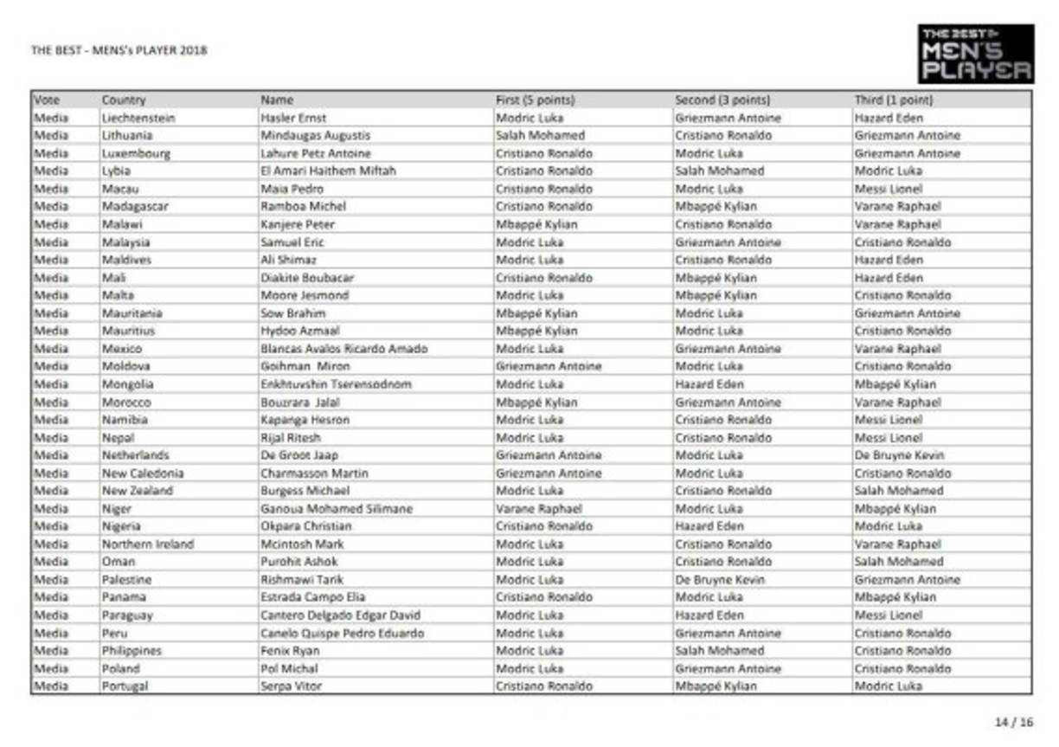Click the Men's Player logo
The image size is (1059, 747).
976,54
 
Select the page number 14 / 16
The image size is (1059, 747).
1015,722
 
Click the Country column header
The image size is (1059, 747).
124,100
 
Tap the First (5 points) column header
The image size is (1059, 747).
535,100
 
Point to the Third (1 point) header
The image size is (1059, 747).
894,100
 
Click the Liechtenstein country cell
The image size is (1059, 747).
138,118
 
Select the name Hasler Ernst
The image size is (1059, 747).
293,118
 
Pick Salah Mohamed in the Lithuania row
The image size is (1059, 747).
540,136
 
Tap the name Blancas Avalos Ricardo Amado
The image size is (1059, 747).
343,349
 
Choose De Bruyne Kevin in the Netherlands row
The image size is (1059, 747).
899,455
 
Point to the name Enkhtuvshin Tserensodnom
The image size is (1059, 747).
336,384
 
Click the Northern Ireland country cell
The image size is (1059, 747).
147,544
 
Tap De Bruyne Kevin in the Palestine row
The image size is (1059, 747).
720,580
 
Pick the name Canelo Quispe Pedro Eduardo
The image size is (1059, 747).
342,634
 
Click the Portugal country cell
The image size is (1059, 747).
125,686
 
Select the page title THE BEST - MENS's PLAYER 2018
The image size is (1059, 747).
119,50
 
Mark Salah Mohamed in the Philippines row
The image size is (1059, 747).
719,651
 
